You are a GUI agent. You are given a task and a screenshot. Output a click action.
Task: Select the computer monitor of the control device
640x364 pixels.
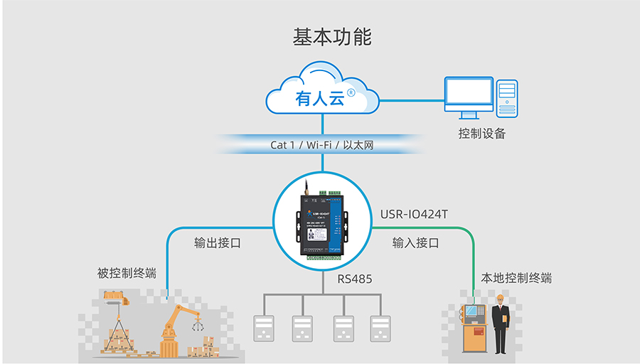click(x=468, y=95)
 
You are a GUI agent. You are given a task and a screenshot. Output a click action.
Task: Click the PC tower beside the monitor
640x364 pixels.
click(x=507, y=97)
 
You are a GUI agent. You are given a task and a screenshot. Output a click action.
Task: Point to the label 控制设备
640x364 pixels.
click(x=481, y=133)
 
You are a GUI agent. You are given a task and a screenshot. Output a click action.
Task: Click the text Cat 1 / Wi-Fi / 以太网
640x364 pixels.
click(x=321, y=144)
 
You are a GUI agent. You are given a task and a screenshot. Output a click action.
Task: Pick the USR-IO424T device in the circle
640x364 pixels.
click(x=322, y=222)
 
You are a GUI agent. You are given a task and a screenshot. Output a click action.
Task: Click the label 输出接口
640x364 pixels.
click(x=218, y=242)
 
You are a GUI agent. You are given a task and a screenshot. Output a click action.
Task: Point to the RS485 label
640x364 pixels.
click(x=354, y=279)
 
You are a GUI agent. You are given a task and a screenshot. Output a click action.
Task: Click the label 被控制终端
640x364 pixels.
click(x=127, y=273)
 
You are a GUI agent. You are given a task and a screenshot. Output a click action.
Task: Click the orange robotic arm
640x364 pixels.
click(x=176, y=323)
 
